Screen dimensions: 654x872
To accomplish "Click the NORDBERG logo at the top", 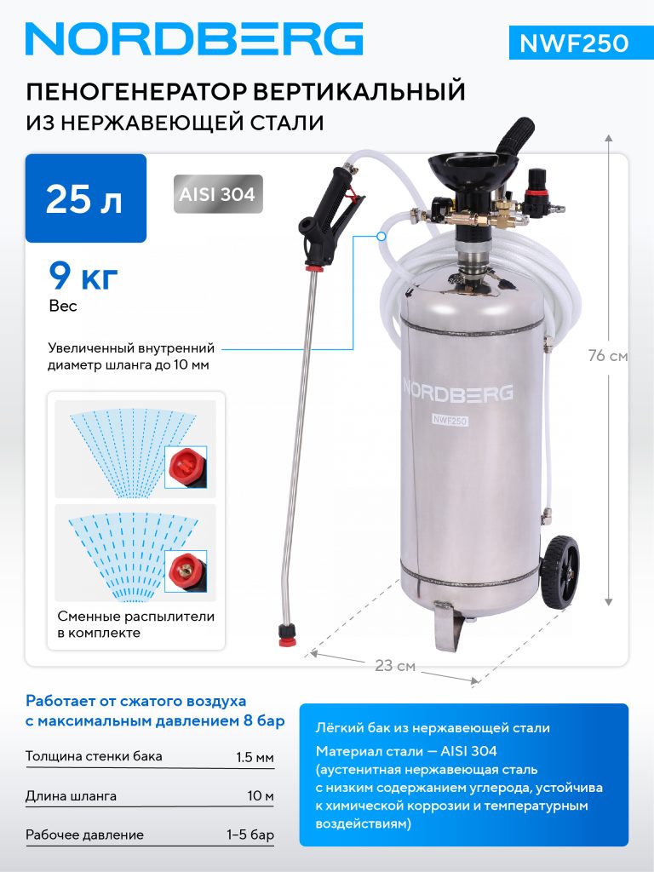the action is point(194,39).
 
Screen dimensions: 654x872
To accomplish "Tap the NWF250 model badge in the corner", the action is point(580,43).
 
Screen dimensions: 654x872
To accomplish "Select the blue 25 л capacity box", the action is point(86,198).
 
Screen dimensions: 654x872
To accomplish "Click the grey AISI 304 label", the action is point(217,194).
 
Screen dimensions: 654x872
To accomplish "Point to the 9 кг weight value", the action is point(83,276).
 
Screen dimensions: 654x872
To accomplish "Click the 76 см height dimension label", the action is point(608,355).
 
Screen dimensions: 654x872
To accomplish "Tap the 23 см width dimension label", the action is point(395,666).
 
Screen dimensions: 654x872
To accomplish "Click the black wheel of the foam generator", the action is point(559,570).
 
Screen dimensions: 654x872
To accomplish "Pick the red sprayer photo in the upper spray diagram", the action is point(186,467).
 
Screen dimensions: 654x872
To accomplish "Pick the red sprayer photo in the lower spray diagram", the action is point(186,571).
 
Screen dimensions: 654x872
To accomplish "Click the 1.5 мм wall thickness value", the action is point(255,757).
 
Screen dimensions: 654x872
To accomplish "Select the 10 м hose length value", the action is point(261,796).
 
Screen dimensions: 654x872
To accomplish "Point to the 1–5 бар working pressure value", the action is point(250,835).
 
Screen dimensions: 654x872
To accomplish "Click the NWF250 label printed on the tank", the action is point(450,421).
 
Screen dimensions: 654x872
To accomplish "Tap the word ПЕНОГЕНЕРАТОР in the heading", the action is point(137,91).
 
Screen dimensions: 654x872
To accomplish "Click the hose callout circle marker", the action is point(381,237).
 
